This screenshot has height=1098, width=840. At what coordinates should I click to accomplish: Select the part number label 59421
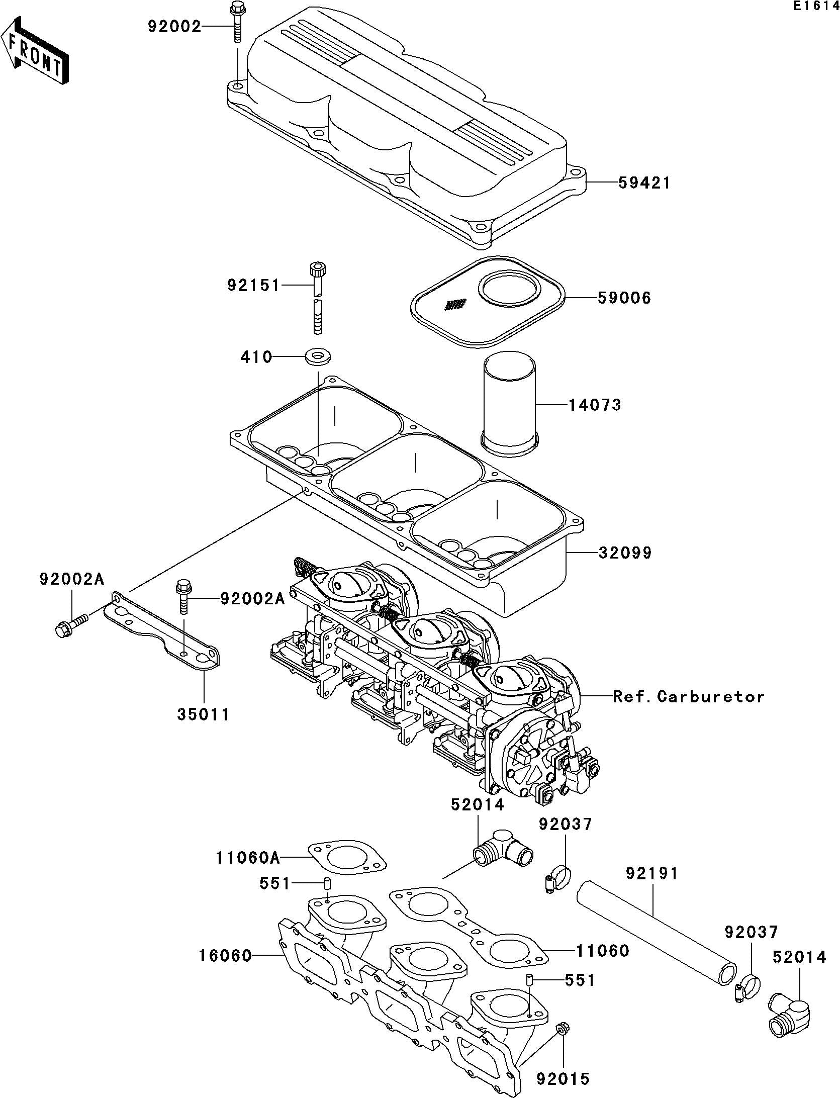pyautogui.click(x=644, y=183)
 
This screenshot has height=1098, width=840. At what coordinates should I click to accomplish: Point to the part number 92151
pyautogui.click(x=253, y=286)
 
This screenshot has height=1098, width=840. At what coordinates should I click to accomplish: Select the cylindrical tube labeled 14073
pyautogui.click(x=510, y=404)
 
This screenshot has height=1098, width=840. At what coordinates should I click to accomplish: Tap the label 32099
pyautogui.click(x=625, y=553)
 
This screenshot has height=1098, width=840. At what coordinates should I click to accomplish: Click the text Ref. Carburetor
pyautogui.click(x=688, y=697)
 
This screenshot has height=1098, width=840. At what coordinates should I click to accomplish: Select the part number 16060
pyautogui.click(x=225, y=956)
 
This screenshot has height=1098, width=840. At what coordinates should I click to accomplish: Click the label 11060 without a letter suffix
pyautogui.click(x=602, y=951)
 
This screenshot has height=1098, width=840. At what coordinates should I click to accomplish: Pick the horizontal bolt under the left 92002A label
pyautogui.click(x=70, y=623)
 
